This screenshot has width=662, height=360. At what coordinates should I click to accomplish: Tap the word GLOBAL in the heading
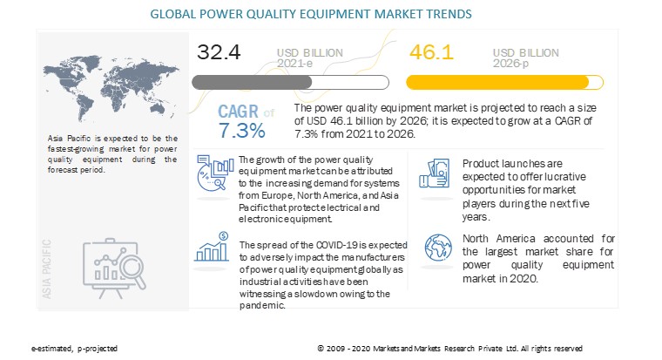click(175, 14)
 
